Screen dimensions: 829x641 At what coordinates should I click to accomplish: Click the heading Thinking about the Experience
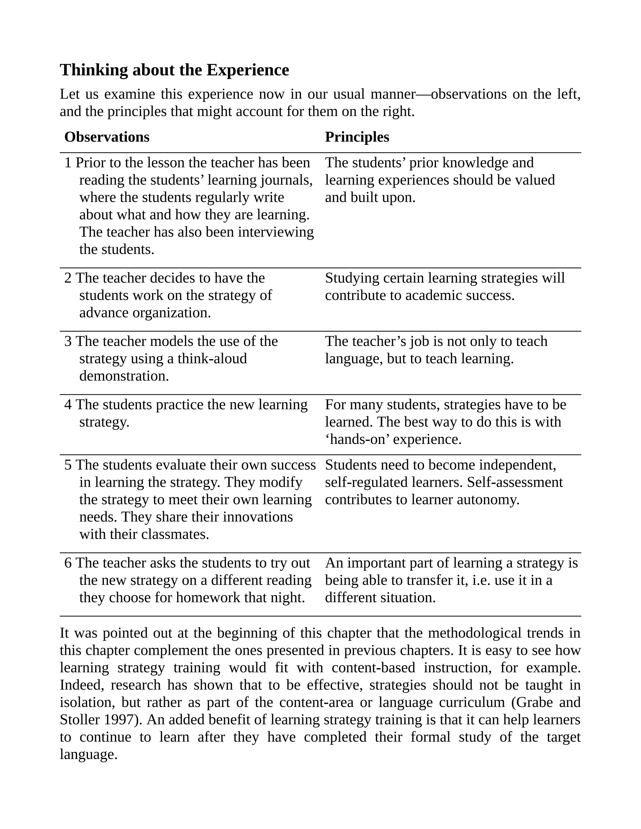click(174, 70)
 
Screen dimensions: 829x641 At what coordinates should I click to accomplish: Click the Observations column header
click(107, 137)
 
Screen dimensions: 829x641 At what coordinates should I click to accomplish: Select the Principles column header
click(356, 137)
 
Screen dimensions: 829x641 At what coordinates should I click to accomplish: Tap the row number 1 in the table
click(68, 163)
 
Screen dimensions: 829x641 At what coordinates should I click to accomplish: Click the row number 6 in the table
click(68, 563)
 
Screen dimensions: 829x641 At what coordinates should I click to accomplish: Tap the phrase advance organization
click(145, 313)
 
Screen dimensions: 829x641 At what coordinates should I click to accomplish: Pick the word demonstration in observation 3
click(124, 376)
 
